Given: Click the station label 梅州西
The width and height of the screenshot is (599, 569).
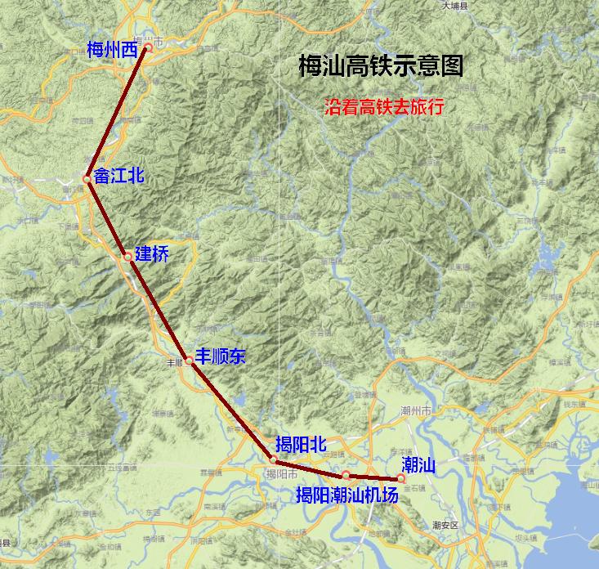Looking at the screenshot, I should pos(112,51).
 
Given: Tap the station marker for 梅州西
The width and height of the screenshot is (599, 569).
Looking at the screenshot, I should pos(148,48).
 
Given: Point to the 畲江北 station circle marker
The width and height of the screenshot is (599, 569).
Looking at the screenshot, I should pos(87,179).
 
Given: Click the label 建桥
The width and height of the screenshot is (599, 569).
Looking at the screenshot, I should pos(152,254).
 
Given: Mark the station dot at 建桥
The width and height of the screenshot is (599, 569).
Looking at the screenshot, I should pos(127,258).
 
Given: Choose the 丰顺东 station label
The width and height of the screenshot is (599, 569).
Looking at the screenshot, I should pos(220,356).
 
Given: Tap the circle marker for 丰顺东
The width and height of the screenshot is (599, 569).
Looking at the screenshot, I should pos(189,361).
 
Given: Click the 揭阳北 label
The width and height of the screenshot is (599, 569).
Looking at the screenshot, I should pos(301,444).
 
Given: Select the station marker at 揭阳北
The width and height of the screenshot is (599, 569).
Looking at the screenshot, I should pos(274,461).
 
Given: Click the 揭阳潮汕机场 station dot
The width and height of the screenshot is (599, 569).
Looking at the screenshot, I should pos(346,475).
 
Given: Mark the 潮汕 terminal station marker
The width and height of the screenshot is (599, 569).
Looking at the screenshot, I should pos(401,478).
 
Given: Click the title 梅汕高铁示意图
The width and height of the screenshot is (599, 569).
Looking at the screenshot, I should pos(382,66).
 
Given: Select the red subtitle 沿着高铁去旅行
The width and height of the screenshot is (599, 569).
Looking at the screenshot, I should pos(383,106).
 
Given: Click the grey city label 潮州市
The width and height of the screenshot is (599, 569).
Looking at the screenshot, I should pos(416,410).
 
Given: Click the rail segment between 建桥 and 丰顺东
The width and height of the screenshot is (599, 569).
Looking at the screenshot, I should pos(158,308).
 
